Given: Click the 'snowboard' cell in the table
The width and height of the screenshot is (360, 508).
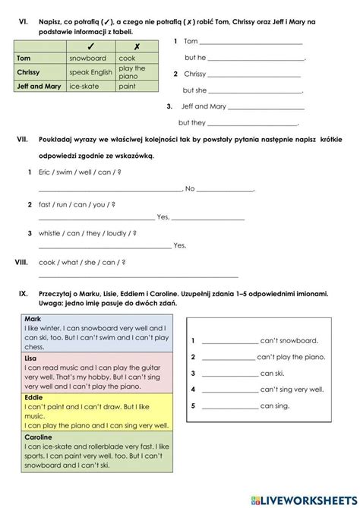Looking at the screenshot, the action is coord(87,58).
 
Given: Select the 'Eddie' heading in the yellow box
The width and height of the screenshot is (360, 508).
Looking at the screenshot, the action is coord(33,396).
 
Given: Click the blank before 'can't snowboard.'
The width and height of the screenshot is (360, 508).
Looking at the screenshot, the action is coord(229,342).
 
